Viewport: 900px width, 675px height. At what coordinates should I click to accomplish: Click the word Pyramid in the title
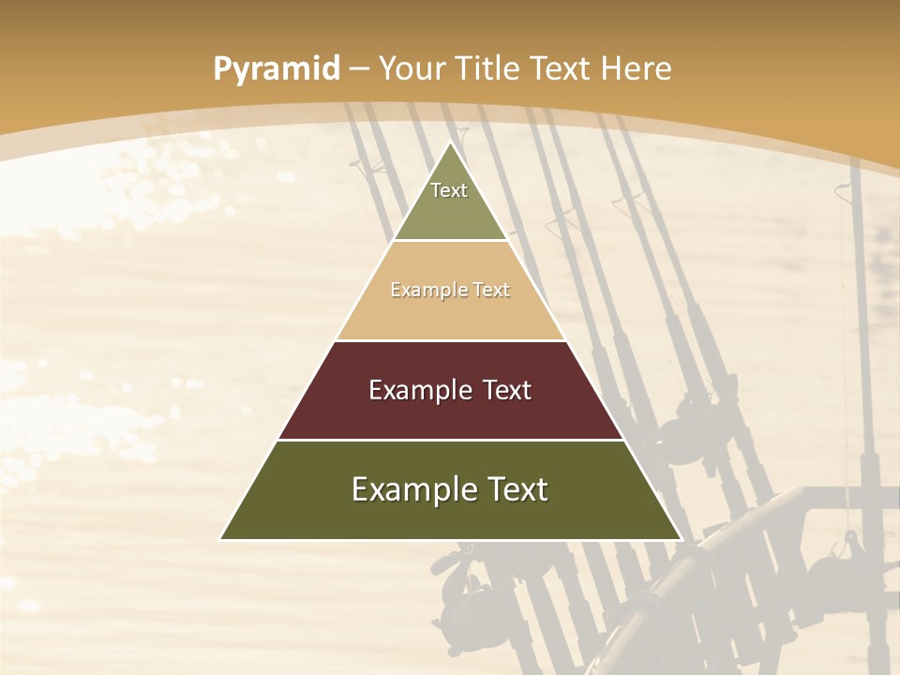277,69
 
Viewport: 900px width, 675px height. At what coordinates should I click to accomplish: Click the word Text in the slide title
562,68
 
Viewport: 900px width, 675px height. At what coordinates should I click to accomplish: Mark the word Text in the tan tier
491,291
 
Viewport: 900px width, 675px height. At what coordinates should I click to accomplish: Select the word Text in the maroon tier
506,390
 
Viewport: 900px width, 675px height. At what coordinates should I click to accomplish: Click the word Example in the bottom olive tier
413,489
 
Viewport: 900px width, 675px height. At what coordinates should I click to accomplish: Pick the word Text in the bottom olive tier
518,489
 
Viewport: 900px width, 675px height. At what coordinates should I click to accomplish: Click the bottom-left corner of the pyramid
221,539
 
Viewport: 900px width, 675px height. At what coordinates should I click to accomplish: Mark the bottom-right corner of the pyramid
680,539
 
